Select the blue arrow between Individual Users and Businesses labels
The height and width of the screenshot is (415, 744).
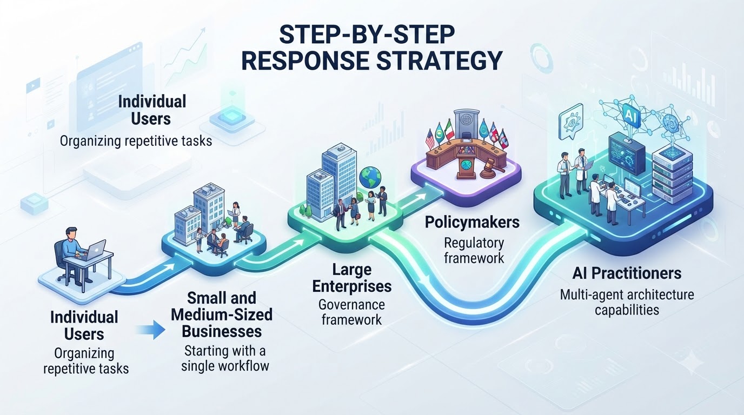151,330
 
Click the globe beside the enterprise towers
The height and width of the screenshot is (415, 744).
370,178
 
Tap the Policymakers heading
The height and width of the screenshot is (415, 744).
473,222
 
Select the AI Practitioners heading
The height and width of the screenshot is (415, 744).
627,273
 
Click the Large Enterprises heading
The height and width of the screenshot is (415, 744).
352,278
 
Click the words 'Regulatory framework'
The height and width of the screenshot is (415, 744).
474,250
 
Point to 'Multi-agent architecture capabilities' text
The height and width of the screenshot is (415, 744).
627,302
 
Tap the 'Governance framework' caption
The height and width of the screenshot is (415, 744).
352,312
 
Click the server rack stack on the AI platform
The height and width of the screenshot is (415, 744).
672,171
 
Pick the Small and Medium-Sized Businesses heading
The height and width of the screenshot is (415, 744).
222,314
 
